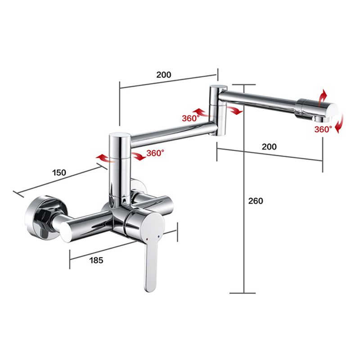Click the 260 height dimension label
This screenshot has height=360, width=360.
(256, 201)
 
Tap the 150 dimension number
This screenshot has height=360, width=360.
(58, 172)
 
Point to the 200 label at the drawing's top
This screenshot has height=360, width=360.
(164, 75)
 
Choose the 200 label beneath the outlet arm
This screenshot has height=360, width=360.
(269, 147)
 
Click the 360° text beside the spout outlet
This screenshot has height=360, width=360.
(323, 129)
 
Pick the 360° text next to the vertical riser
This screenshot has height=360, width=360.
(156, 153)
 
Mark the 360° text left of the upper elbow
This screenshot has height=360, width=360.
(190, 118)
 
